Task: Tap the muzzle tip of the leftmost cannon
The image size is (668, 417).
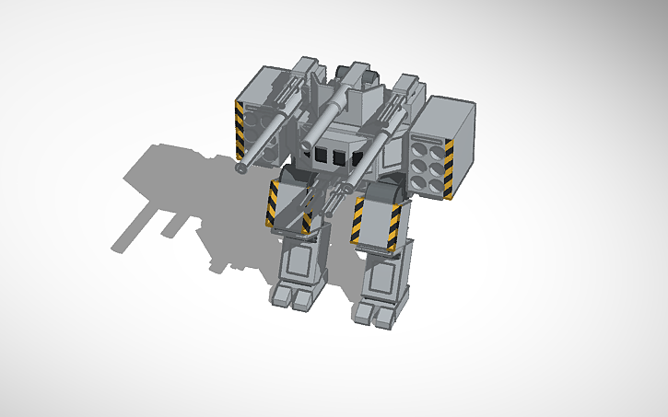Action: click(240, 168)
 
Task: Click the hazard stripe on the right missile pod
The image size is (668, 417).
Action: click(449, 169)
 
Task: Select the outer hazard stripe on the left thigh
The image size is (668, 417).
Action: click(273, 203)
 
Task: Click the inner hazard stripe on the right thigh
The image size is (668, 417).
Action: click(358, 221)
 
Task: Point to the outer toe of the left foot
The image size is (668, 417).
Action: click(279, 296)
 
